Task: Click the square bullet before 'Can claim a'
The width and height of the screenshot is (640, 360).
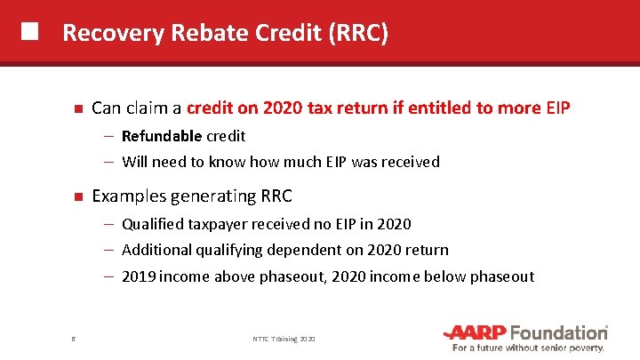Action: click(77, 109)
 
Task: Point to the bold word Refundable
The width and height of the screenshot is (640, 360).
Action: click(162, 136)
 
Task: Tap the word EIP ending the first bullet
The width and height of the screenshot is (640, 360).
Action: click(557, 108)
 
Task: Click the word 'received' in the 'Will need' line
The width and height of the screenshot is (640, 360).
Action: click(412, 162)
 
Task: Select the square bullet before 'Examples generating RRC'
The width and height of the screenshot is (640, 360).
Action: click(77, 196)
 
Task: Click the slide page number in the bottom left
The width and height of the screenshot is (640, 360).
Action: click(73, 339)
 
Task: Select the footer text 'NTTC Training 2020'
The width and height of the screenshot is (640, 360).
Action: click(283, 339)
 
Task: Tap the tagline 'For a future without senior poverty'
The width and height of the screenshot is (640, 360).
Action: click(530, 348)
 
